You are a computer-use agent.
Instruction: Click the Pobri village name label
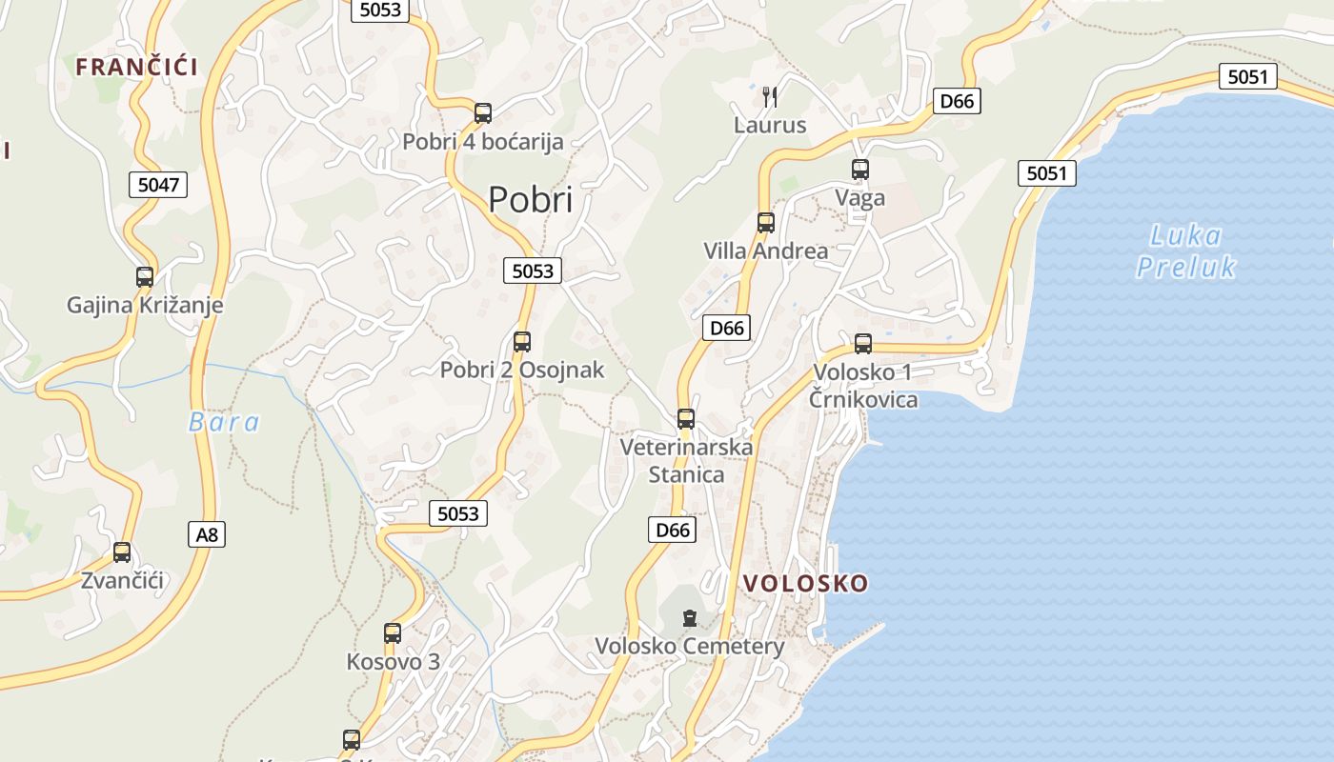point(531,200)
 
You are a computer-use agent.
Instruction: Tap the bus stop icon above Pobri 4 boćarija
point(483,113)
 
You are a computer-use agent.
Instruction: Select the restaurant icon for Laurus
point(770,96)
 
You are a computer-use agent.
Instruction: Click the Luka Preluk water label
point(1186,251)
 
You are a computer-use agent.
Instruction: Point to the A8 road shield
point(207,534)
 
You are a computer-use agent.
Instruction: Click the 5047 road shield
point(158,185)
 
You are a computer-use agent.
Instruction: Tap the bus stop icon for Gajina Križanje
point(145,277)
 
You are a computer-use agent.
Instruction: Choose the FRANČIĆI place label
point(137,67)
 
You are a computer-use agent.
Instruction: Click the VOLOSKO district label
point(805,583)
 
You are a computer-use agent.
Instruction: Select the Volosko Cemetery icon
point(690,618)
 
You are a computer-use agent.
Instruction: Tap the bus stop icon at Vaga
point(860,170)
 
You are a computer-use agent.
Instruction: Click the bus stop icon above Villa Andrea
point(765,223)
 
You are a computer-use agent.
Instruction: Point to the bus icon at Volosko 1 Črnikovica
point(863,344)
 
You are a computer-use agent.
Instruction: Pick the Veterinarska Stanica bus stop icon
point(686,418)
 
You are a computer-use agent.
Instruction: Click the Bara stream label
point(224,422)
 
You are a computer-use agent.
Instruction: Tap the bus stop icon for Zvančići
point(122,551)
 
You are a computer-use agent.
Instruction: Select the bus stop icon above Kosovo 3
point(393,632)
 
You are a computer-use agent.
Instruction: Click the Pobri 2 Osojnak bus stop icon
point(522,342)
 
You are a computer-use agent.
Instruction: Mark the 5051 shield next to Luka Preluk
point(1046,173)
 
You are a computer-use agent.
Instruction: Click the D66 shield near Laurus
point(957,101)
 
